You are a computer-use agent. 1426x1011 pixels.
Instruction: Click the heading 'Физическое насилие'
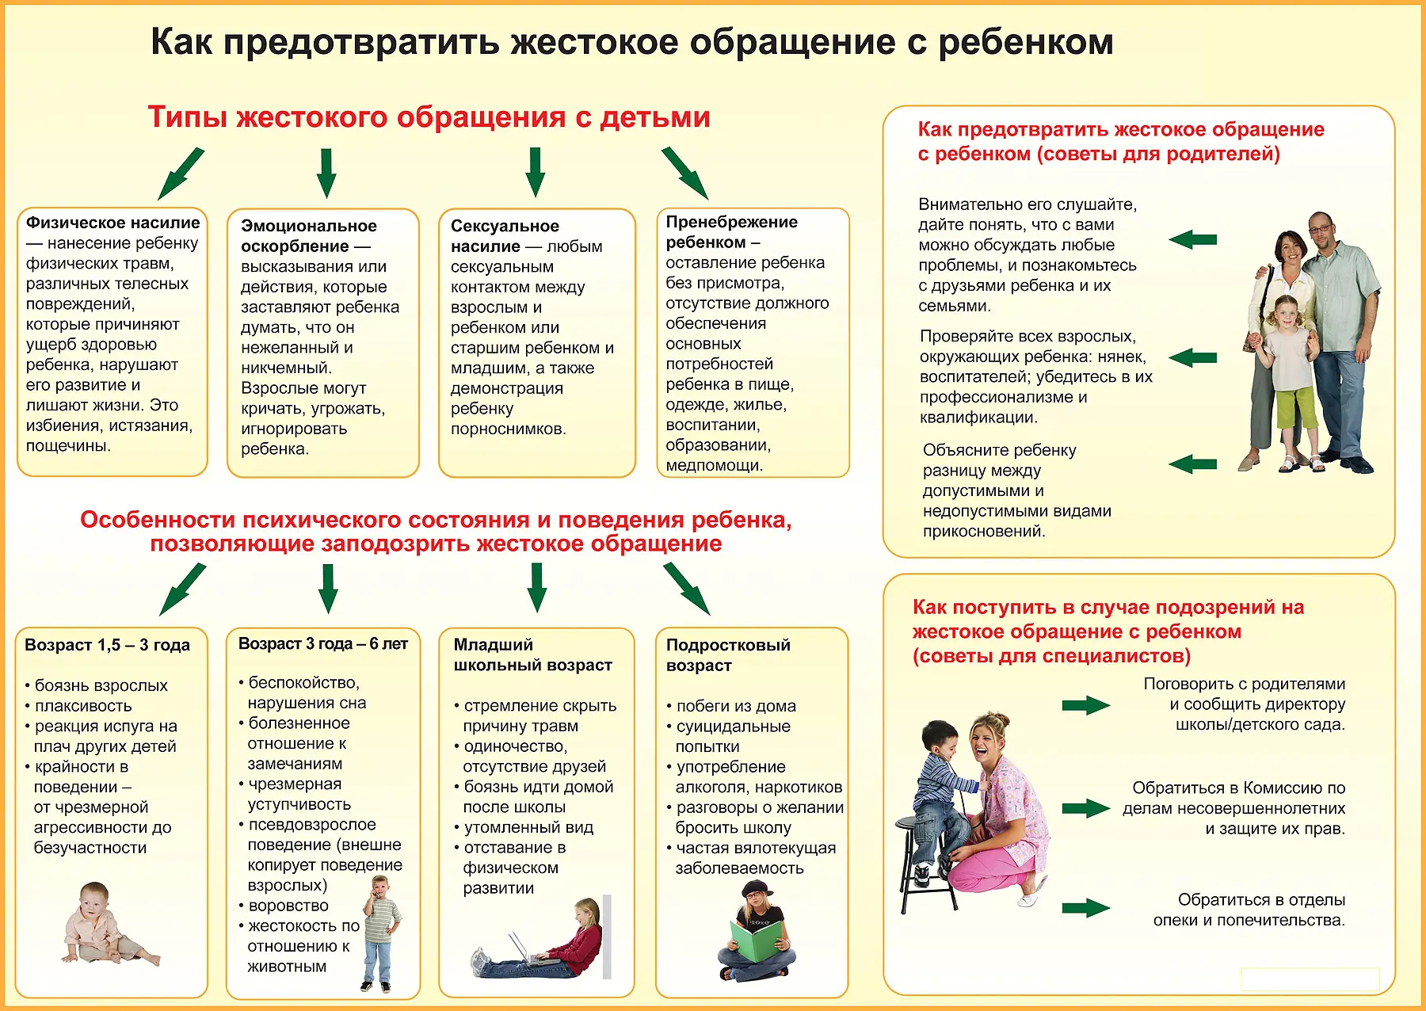pos(112,223)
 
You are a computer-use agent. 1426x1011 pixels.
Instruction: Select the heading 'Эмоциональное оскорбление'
pos(308,235)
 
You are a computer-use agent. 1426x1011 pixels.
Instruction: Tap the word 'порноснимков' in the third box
pos(507,429)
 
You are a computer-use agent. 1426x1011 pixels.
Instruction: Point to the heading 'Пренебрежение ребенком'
pos(731,231)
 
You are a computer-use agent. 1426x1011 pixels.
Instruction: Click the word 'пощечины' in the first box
pos(67,446)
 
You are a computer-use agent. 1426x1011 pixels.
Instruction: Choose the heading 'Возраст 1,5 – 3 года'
pos(107,645)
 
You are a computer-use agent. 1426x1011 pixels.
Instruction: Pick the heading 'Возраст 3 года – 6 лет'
pos(322,644)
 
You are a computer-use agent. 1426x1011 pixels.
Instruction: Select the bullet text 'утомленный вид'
pos(528,827)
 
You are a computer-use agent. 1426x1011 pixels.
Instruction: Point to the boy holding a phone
pos(381,931)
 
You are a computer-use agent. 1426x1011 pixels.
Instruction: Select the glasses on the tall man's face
pos(1320,229)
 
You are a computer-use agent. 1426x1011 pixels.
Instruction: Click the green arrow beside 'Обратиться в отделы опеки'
pos(1085,909)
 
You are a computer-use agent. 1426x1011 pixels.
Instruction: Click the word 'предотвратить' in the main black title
pos(361,42)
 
